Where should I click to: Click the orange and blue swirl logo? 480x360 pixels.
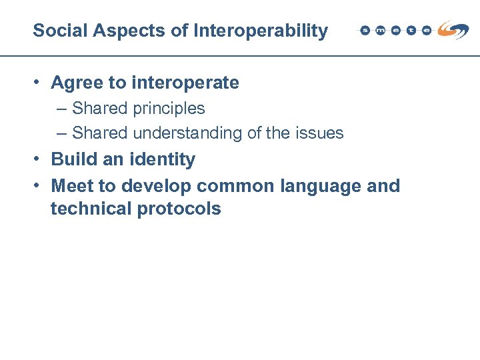pyautogui.click(x=453, y=29)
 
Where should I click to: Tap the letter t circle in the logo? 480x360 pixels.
pyautogui.click(x=411, y=31)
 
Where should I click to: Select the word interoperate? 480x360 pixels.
pyautogui.click(x=185, y=83)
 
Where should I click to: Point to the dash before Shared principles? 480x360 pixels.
pyautogui.click(x=62, y=109)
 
